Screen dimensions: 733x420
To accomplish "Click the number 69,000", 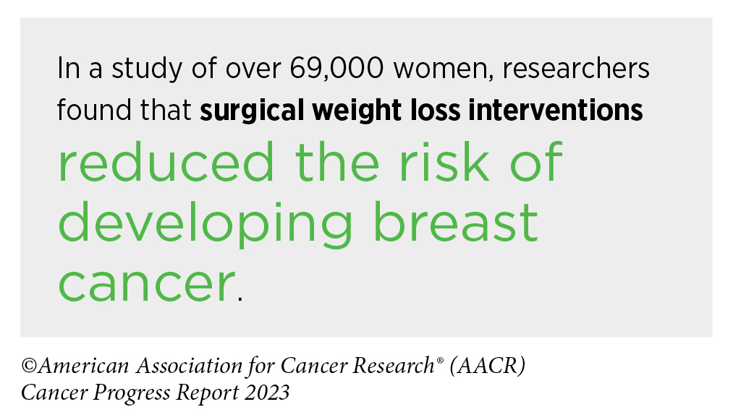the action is pyautogui.click(x=336, y=69).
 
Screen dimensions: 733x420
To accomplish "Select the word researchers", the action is pyautogui.click(x=576, y=68).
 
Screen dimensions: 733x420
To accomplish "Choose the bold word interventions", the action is pyautogui.click(x=556, y=111).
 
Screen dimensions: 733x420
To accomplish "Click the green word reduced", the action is pyautogui.click(x=166, y=162).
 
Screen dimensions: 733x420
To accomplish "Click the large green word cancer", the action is pyautogui.click(x=146, y=285).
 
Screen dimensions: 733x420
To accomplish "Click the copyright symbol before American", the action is pyautogui.click(x=29, y=366).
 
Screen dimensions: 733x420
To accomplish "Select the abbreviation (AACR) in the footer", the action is pyautogui.click(x=488, y=365).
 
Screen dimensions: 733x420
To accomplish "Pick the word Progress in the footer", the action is pyautogui.click(x=132, y=393).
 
